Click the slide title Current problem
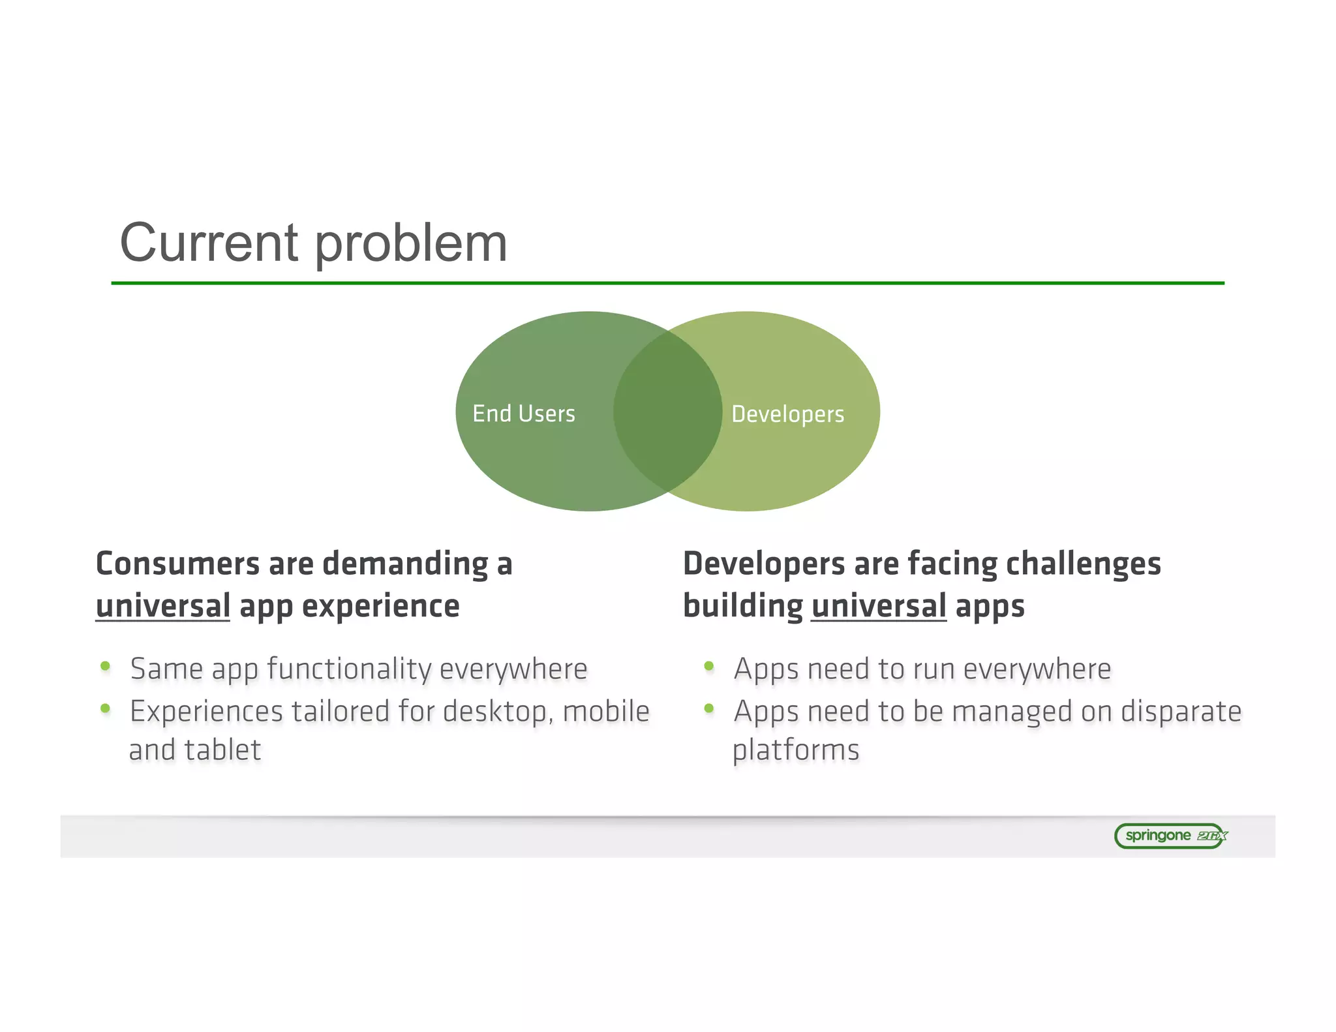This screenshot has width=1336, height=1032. tap(313, 243)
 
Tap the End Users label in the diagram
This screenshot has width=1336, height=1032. tap(524, 414)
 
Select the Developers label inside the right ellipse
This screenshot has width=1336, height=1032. tap(787, 414)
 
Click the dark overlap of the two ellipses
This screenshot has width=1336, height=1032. tap(667, 411)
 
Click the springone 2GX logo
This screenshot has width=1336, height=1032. tap(1170, 836)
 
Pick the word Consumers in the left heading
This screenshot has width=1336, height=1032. tap(177, 564)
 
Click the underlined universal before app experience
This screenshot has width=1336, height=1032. tap(162, 606)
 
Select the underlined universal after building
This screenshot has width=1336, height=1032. tap(878, 606)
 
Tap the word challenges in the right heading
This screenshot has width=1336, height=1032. tap(1083, 564)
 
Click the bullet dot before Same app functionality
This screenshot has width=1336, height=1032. tap(105, 666)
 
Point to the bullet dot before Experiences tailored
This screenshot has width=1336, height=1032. tap(105, 708)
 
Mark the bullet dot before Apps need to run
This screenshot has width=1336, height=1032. tap(709, 666)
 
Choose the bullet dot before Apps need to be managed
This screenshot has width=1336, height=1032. tap(709, 708)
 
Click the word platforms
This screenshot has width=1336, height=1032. tap(796, 751)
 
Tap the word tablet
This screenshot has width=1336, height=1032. tap(222, 750)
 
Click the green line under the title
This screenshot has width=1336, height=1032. tap(667, 283)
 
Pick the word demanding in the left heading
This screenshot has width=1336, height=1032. tap(405, 565)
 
